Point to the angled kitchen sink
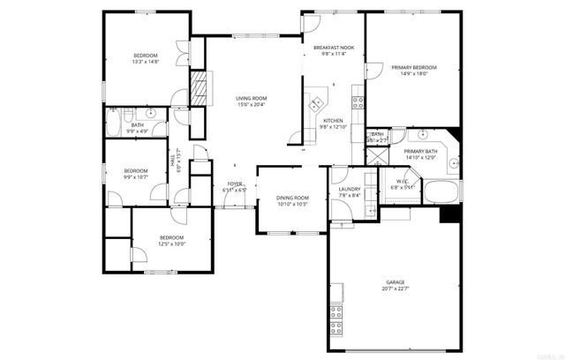[x=315, y=105]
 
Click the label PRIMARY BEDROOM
[x=414, y=67]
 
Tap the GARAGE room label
[x=395, y=282]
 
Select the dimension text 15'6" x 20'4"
[x=251, y=105]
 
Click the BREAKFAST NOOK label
[x=333, y=47]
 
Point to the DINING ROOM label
[x=292, y=198]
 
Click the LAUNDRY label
[x=349, y=189]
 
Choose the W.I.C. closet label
[x=403, y=180]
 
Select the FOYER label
[x=234, y=184]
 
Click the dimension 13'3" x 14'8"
[x=145, y=62]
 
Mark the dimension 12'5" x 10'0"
[x=171, y=244]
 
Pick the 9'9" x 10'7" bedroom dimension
[x=135, y=177]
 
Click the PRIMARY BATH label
[x=421, y=152]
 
